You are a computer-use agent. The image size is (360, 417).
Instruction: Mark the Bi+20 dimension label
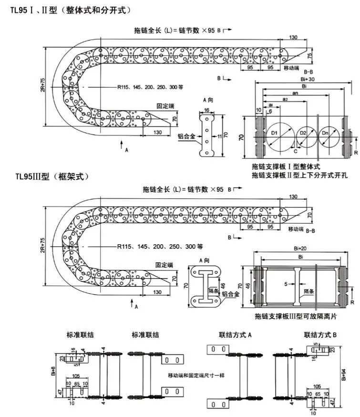click(x=301, y=248)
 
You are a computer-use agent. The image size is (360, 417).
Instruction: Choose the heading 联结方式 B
click(x=320, y=335)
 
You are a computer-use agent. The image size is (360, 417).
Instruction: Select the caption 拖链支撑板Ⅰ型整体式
click(x=286, y=167)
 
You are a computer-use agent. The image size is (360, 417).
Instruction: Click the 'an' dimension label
click(x=296, y=94)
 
